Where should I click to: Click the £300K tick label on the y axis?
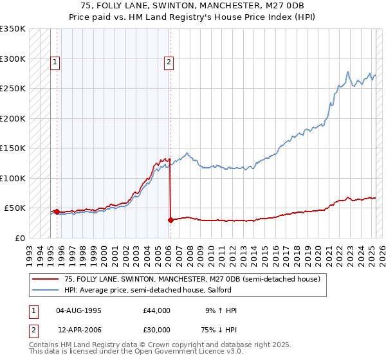(12, 59)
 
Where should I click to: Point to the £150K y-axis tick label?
(12, 148)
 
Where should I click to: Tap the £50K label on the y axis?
(14, 208)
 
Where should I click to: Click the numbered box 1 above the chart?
(56, 62)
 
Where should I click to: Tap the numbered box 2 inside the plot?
(169, 62)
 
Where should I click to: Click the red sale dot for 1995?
(57, 212)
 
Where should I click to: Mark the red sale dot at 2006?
(170, 220)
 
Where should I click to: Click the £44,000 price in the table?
(156, 310)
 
